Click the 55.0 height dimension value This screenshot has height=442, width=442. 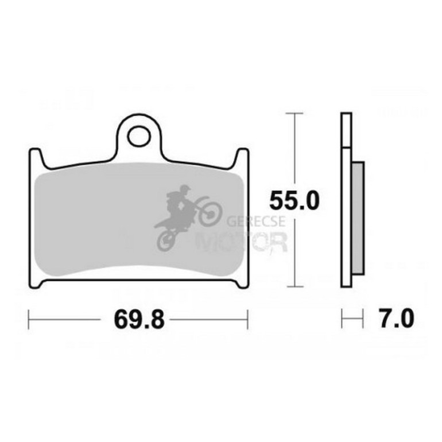click(294, 200)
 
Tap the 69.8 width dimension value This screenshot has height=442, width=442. click(139, 320)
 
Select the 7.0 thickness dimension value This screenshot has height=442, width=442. click(397, 319)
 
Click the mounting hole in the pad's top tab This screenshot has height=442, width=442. click(139, 137)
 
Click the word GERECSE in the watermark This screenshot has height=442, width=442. click(256, 221)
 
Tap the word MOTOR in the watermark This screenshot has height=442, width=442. click(241, 242)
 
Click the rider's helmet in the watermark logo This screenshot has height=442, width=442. click(185, 189)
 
